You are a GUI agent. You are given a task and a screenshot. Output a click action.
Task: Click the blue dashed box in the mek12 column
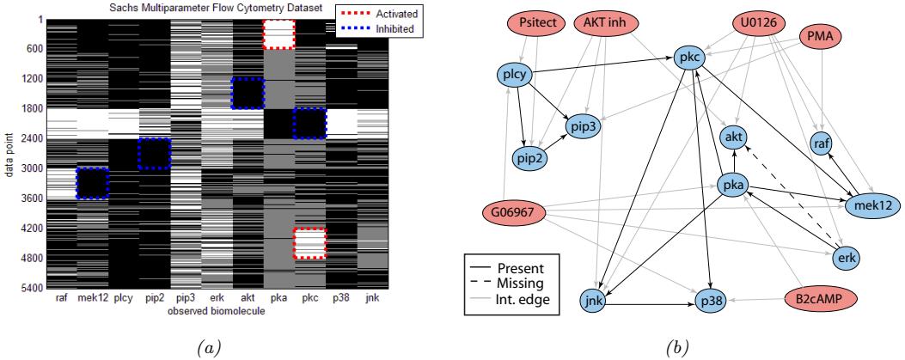click(x=93, y=183)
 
